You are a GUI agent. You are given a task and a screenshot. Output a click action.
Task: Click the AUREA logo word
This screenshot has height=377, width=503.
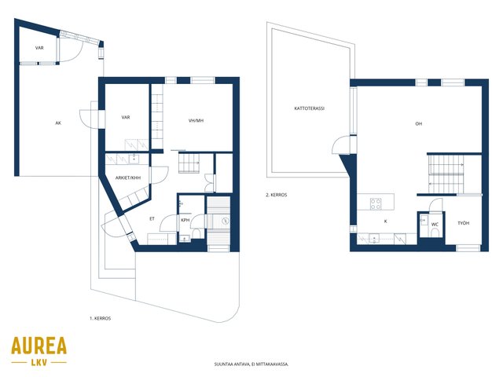(39, 346)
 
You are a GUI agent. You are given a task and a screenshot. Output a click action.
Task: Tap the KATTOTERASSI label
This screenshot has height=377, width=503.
(309, 108)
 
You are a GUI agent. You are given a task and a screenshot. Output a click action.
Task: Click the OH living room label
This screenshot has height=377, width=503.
(419, 124)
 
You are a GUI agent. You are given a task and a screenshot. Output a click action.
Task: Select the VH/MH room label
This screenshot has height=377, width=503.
(196, 121)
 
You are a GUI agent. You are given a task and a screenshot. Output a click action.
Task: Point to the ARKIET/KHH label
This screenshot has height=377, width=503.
(128, 178)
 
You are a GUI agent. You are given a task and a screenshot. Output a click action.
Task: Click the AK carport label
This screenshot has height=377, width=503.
(58, 123)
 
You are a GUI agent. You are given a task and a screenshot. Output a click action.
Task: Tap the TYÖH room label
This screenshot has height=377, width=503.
(463, 223)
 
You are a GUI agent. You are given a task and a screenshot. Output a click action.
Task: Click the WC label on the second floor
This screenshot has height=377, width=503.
(435, 225)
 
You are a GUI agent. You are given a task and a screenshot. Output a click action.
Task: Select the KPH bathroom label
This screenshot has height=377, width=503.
(185, 220)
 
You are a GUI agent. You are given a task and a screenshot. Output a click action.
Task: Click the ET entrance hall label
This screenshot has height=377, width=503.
(152, 218)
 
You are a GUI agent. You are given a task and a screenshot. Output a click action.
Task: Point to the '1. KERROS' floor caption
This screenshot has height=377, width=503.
(100, 318)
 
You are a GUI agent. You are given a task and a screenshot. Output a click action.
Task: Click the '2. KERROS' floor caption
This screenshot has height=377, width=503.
(276, 195)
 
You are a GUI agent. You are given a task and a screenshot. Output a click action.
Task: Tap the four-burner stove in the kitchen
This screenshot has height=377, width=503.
(376, 204)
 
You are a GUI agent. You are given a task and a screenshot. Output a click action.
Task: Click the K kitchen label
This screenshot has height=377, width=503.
(386, 221)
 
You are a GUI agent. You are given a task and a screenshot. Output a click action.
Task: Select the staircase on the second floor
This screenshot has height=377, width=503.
(446, 174)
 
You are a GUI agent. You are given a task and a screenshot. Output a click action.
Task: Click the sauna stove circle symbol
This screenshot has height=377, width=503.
(226, 221)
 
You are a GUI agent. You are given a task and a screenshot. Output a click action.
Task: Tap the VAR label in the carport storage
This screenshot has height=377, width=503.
(39, 48)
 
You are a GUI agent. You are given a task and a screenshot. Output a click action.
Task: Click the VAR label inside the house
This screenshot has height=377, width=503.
(126, 117)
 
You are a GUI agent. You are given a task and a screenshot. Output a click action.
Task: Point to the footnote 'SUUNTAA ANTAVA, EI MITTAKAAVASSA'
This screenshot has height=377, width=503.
(251, 364)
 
